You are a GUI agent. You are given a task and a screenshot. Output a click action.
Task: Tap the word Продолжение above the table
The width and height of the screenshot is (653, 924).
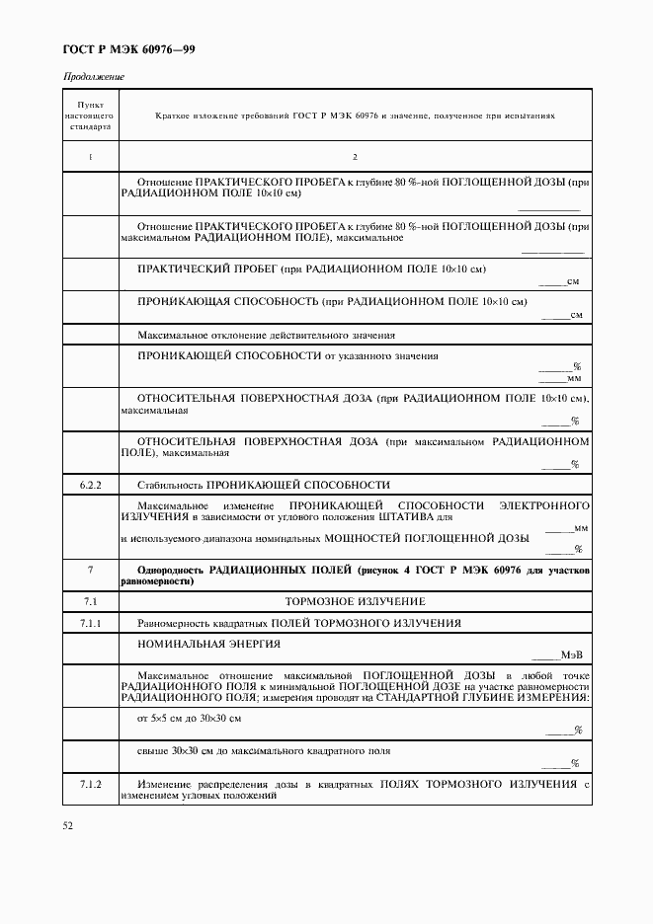pos(94,77)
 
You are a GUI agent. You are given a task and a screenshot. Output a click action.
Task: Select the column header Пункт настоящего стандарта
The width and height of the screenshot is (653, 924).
pos(90,115)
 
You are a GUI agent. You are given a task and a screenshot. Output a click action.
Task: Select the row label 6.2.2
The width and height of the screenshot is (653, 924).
pos(90,485)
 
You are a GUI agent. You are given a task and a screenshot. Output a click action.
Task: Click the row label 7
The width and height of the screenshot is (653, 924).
pos(90,571)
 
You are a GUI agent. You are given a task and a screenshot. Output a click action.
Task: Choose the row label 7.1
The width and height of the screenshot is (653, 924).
pos(90,601)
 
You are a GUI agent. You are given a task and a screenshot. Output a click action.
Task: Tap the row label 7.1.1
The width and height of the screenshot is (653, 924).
pos(90,623)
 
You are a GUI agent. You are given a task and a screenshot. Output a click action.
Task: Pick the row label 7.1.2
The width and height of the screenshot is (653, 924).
pos(90,784)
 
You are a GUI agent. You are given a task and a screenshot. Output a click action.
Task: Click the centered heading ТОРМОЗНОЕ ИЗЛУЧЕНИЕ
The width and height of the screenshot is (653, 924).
pos(355,601)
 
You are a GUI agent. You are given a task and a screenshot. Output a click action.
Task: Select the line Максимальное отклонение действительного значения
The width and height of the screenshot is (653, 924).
pos(266,335)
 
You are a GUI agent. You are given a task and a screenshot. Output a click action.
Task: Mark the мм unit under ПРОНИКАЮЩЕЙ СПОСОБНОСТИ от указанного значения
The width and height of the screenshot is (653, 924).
pos(574,377)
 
